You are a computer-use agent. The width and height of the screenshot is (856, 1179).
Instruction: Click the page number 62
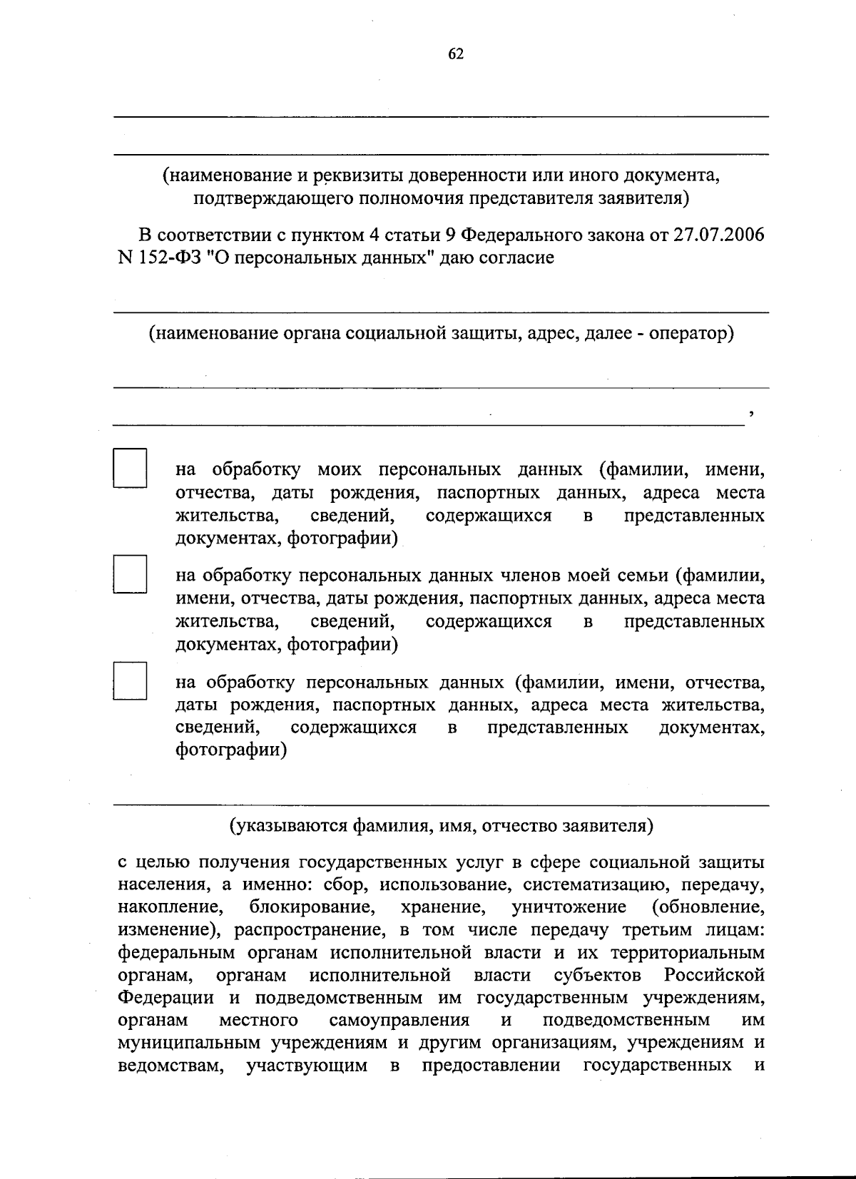click(457, 54)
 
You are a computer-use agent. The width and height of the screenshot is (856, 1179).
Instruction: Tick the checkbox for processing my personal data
click(129, 468)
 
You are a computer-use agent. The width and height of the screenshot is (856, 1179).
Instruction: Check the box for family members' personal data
click(129, 574)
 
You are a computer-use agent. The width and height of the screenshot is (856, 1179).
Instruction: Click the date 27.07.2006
click(718, 235)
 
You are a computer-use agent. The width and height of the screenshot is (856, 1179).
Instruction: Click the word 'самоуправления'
click(399, 1020)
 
